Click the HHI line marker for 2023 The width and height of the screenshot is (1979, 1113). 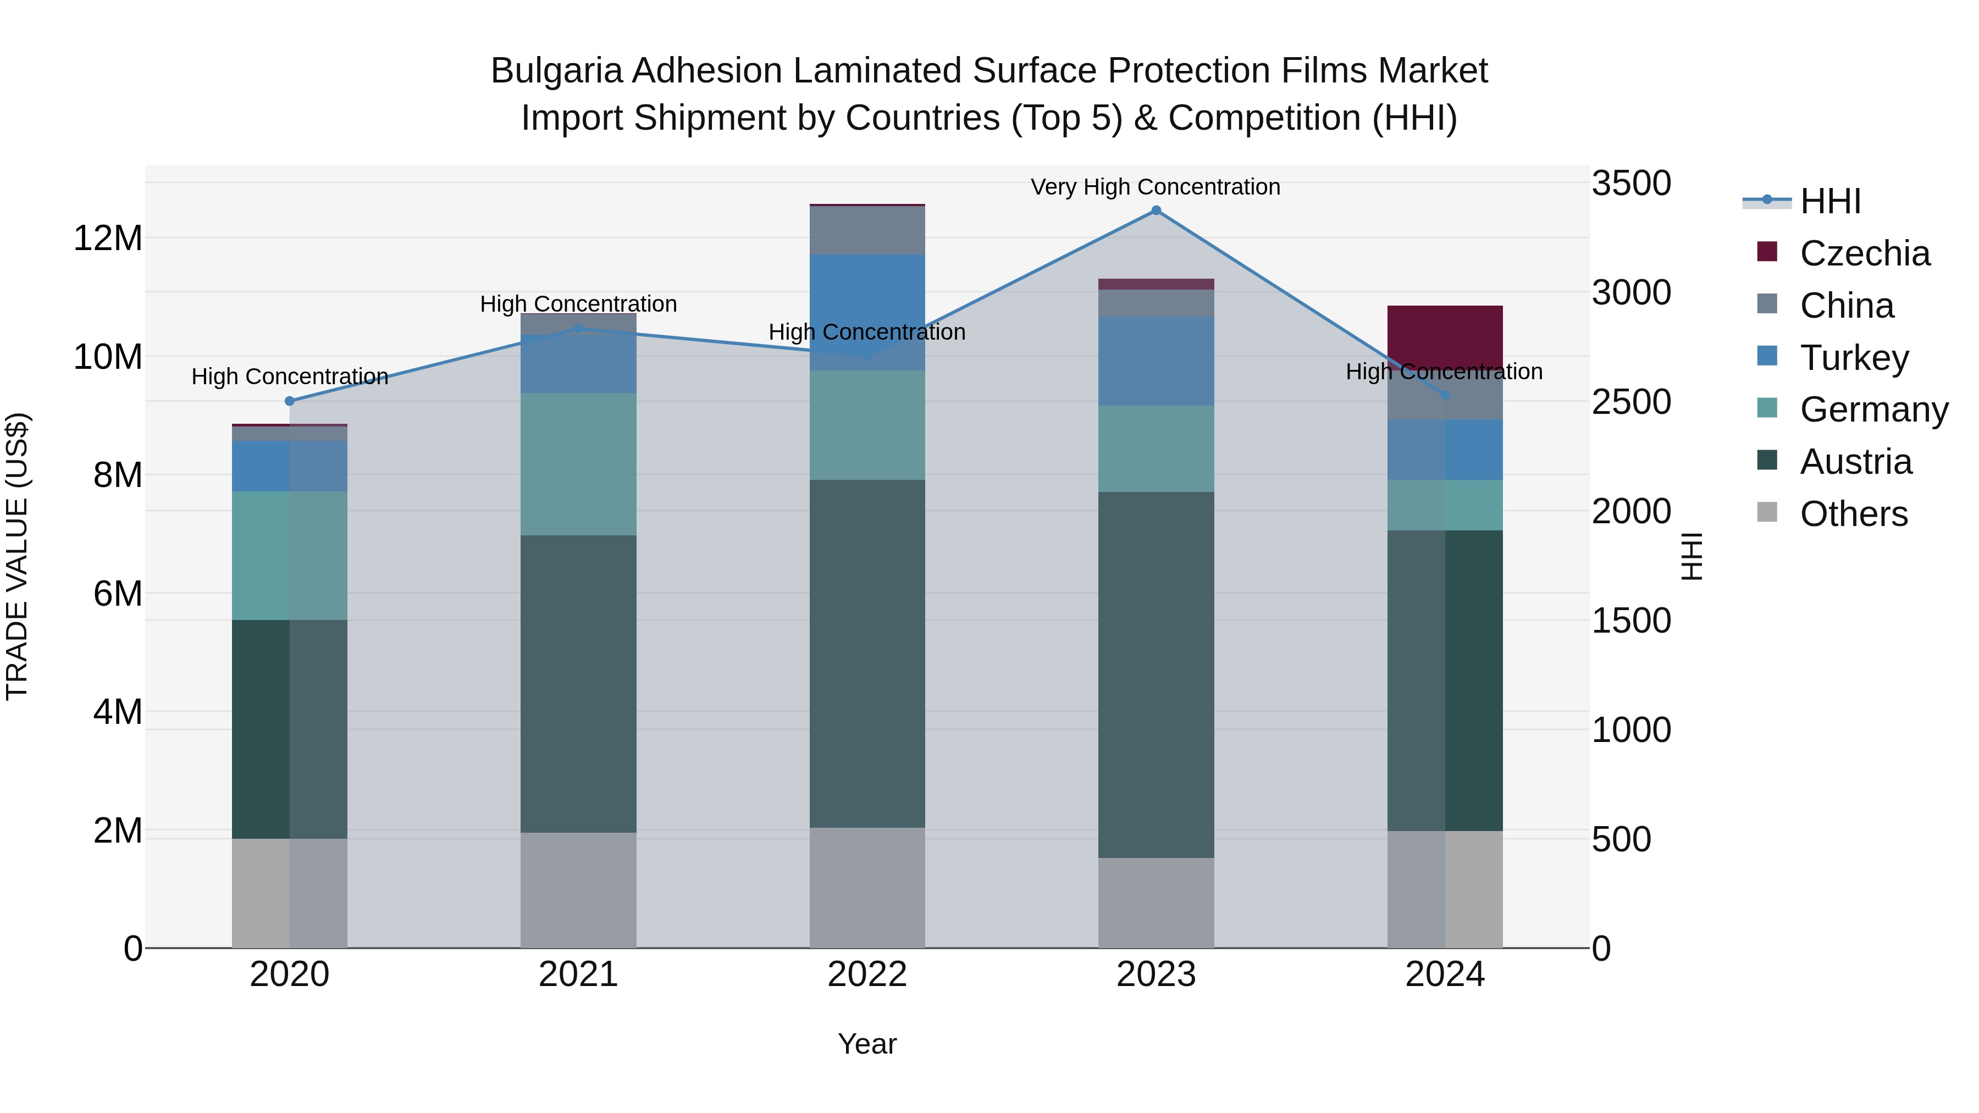1156,211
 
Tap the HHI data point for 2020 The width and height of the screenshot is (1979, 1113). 290,401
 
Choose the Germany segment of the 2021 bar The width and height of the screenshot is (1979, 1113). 578,464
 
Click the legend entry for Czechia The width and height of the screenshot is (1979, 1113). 1865,253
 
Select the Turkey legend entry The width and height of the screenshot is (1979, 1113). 1854,358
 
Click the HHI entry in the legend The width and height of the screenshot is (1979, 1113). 1830,201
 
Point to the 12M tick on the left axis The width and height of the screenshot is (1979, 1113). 108,238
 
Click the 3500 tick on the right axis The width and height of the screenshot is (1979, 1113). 1630,184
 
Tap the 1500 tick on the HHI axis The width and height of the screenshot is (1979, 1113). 1630,621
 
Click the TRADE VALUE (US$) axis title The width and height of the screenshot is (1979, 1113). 17,556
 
